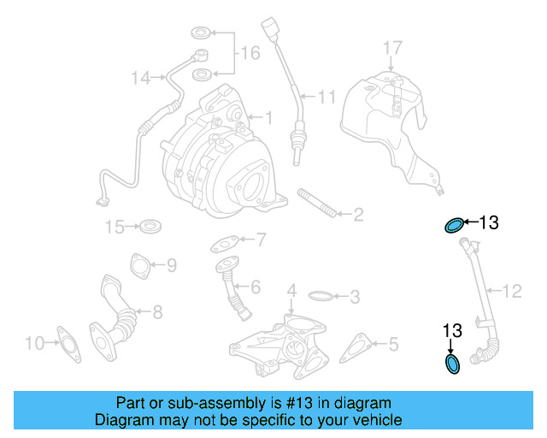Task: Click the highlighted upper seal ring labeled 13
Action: coord(454,225)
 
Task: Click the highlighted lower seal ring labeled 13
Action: coord(453,364)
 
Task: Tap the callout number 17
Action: coord(391,46)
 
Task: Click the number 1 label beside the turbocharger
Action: coord(267,117)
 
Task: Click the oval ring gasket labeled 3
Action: coord(319,297)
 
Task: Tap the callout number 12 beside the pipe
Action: coord(510,292)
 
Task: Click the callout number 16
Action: coord(249,54)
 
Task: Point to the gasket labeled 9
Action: coord(138,265)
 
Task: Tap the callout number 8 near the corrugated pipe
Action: coord(157,313)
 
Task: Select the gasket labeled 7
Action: coord(224,244)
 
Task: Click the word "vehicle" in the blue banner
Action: coord(374,420)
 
